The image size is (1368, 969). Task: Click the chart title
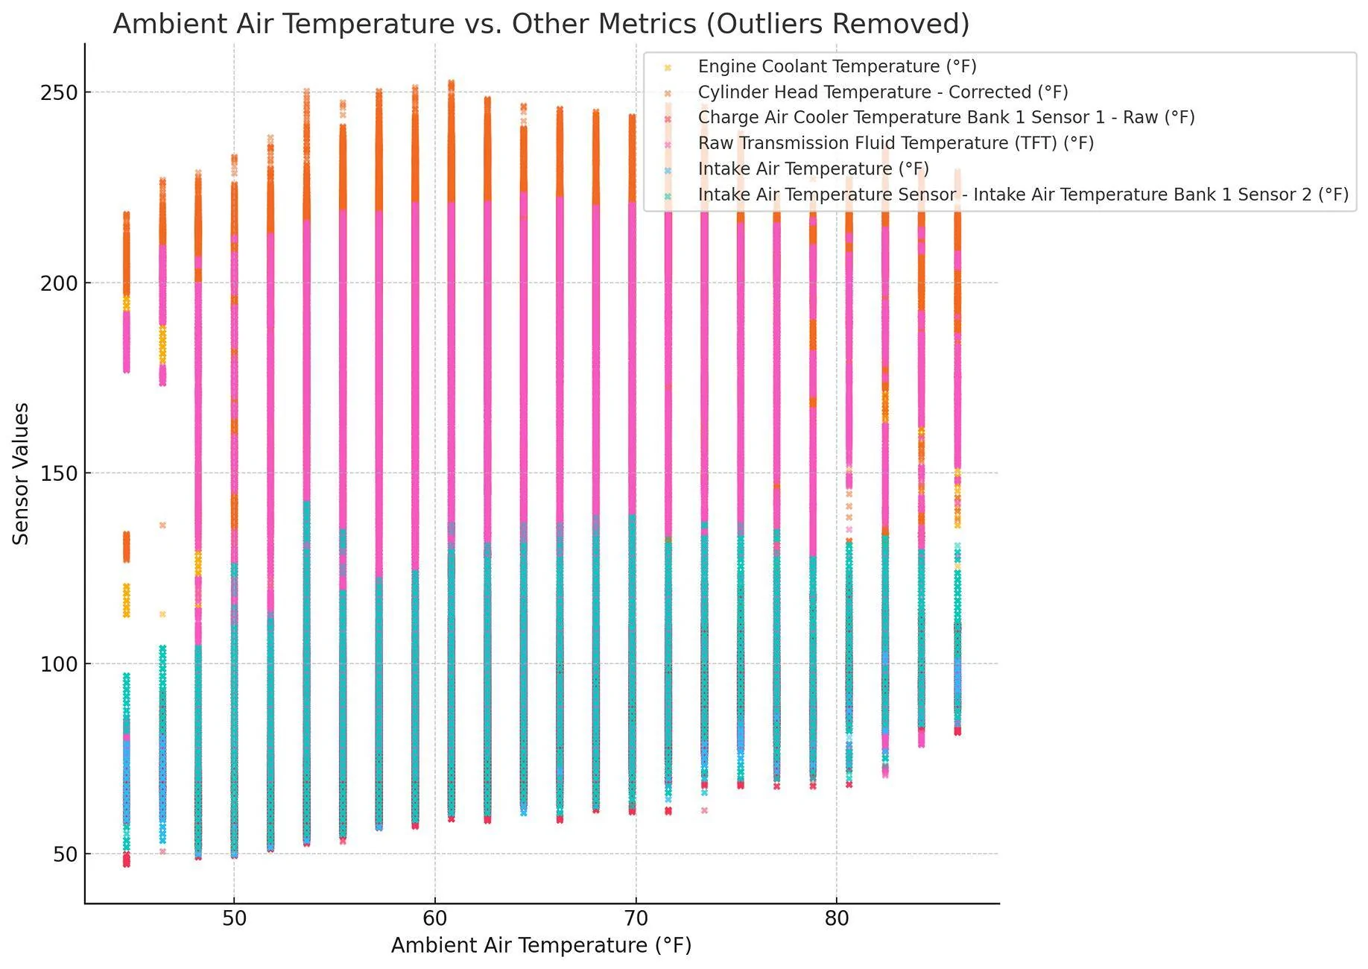coord(541,24)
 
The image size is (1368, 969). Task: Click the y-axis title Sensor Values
coord(21,473)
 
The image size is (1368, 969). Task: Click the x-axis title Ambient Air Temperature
coord(541,945)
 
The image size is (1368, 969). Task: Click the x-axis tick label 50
coord(234,918)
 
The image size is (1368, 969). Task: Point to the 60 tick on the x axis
coord(435,918)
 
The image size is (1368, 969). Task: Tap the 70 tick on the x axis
coord(636,918)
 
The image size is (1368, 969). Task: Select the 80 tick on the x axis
coord(837,918)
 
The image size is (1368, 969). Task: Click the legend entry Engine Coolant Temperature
coord(837,66)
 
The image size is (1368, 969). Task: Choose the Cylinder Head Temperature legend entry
coord(882,92)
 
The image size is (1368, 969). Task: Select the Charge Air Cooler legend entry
coord(946,118)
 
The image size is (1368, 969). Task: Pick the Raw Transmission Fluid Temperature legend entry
coord(895,143)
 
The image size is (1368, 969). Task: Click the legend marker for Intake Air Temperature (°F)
coord(668,169)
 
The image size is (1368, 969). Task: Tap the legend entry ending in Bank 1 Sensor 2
coord(1022,195)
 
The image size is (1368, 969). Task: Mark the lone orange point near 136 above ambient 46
coord(162,525)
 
